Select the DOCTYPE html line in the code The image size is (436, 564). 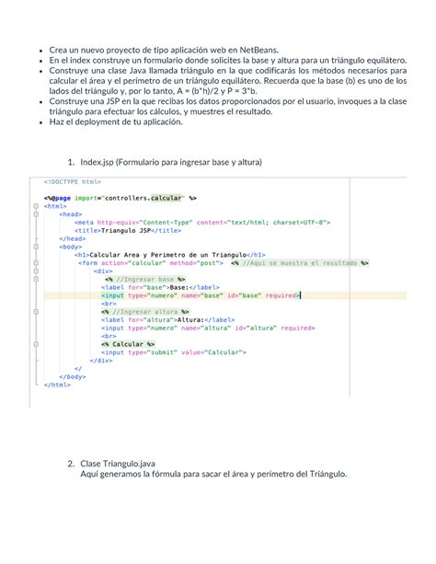point(74,181)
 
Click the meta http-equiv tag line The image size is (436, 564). point(202,221)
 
